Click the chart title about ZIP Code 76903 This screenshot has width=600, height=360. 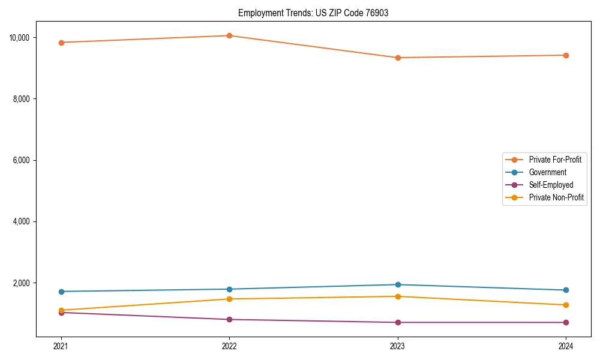tap(313, 13)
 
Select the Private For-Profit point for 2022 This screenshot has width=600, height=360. tap(229, 35)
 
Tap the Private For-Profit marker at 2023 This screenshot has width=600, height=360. tap(398, 58)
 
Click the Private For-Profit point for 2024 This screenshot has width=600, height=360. tap(566, 55)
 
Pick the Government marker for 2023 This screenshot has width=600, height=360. tap(398, 284)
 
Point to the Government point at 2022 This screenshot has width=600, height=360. tap(229, 289)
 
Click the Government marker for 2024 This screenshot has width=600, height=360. tap(566, 290)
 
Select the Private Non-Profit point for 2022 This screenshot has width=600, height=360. tap(229, 299)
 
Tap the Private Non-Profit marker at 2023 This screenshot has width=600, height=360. tap(398, 296)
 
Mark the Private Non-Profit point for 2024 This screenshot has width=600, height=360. tap(566, 305)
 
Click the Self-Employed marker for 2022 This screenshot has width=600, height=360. tap(229, 319)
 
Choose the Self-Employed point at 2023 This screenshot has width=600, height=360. tap(398, 322)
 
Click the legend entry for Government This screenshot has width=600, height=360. tap(547, 172)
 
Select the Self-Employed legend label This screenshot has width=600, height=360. tap(551, 185)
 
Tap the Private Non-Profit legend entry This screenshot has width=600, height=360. tap(556, 197)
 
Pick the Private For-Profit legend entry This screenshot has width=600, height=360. tap(555, 160)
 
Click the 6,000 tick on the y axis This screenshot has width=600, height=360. tap(21, 160)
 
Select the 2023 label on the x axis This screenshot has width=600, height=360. tap(398, 346)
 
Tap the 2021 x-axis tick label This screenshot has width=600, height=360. tap(61, 346)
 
